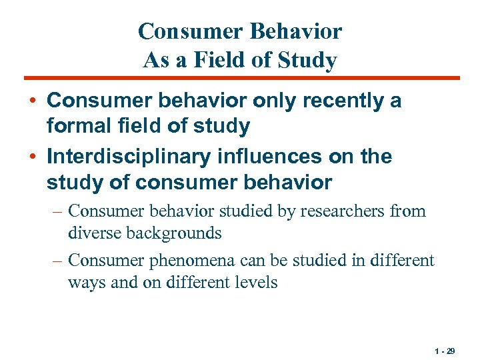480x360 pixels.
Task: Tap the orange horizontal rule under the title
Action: [x=240, y=78]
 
